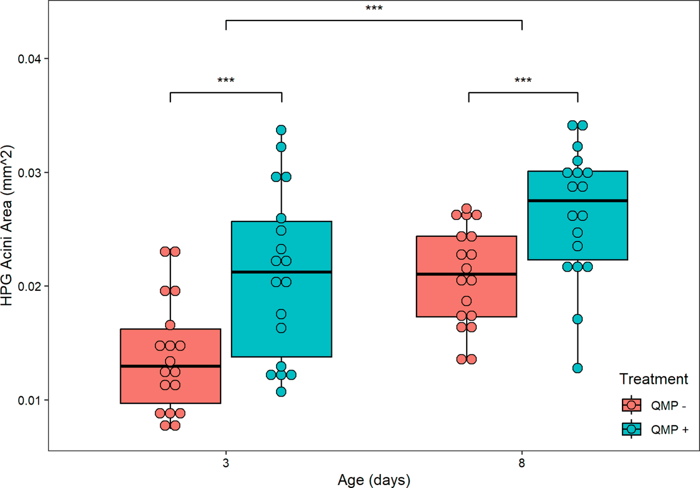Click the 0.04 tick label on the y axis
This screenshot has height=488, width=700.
pyautogui.click(x=29, y=59)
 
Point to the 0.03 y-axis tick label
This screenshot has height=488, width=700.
pyautogui.click(x=29, y=173)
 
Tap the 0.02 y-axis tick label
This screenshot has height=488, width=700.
pyautogui.click(x=29, y=286)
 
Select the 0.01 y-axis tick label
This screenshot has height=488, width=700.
pyautogui.click(x=29, y=400)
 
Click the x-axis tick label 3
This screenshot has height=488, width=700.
pyautogui.click(x=226, y=463)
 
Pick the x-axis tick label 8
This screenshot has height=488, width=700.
pyautogui.click(x=521, y=463)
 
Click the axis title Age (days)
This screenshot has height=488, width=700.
pyautogui.click(x=374, y=480)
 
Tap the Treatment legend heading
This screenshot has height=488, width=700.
pyautogui.click(x=654, y=379)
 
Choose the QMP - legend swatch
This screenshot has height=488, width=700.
pyautogui.click(x=632, y=405)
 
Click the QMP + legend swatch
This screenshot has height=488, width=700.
pyautogui.click(x=632, y=429)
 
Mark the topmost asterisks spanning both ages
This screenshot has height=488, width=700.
pyautogui.click(x=374, y=8)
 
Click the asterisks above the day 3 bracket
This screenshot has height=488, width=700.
pyautogui.click(x=226, y=80)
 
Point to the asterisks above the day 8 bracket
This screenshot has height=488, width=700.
pyautogui.click(x=523, y=80)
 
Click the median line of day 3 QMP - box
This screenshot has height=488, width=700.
pyautogui.click(x=170, y=366)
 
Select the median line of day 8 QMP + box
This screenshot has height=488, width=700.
pyautogui.click(x=578, y=201)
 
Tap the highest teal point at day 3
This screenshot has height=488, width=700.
pyautogui.click(x=281, y=130)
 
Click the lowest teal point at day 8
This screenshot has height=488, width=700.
pyautogui.click(x=577, y=368)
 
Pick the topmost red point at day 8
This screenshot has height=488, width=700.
pyautogui.click(x=467, y=209)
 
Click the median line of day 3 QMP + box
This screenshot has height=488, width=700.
pyautogui.click(x=282, y=272)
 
